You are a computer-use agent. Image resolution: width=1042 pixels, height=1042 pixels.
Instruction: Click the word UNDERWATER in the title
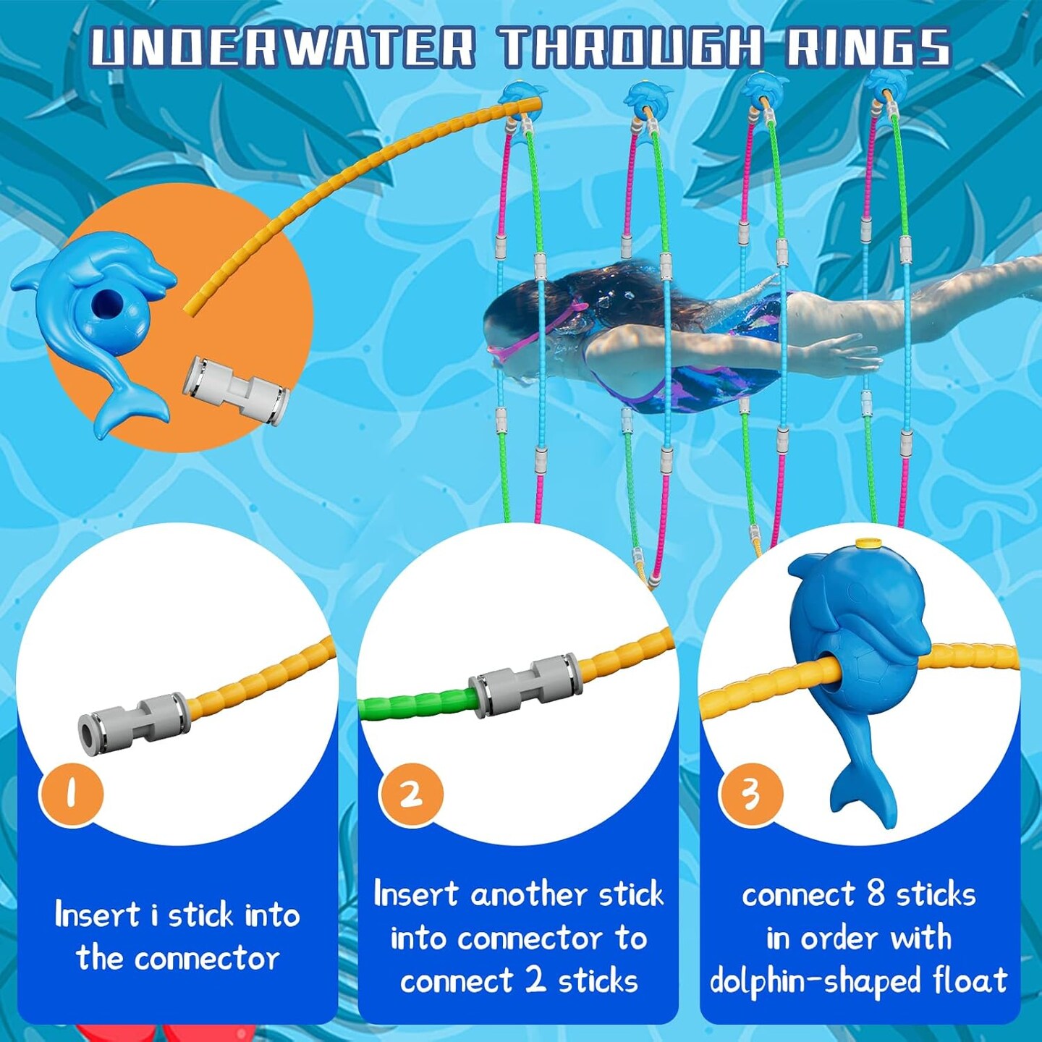click(283, 48)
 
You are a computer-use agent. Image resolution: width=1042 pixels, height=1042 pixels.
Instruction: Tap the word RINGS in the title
click(868, 48)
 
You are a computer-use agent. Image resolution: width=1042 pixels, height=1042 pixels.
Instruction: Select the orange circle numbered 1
click(71, 794)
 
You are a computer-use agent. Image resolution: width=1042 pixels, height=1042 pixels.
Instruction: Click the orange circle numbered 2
click(411, 794)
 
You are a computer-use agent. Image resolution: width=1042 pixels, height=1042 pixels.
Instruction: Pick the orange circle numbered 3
click(750, 794)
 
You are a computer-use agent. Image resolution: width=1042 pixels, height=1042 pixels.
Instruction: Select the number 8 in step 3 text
click(876, 894)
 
